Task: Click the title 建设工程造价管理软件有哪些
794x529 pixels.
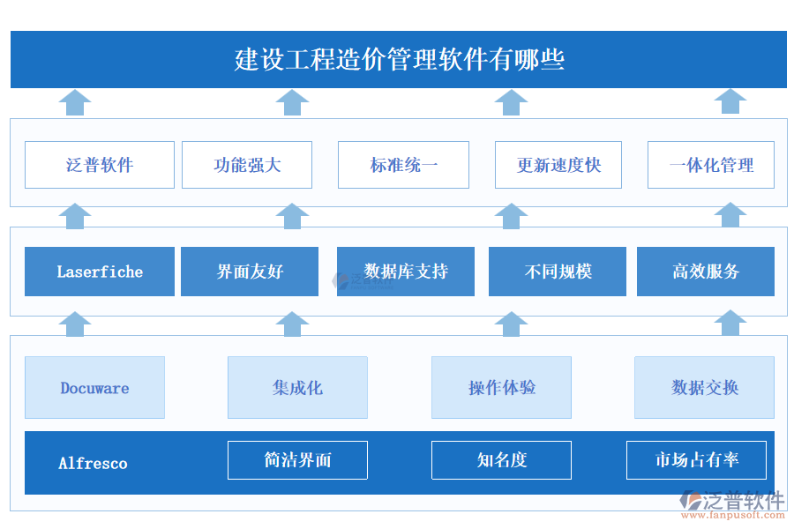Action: pos(399,60)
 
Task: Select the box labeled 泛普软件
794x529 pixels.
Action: pos(100,165)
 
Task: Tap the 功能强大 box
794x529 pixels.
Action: pos(247,165)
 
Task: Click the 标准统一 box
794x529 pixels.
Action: pos(403,165)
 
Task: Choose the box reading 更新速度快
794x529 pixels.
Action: pos(558,165)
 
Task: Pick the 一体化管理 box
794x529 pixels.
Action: pos(711,165)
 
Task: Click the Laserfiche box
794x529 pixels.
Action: pos(100,272)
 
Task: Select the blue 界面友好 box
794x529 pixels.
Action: pos(250,272)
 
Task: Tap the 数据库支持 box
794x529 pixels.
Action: pos(406,272)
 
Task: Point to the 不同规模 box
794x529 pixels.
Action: pos(558,272)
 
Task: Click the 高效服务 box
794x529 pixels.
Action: pos(706,272)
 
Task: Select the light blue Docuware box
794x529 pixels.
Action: pos(94,387)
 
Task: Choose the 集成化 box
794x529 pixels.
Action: pos(297,387)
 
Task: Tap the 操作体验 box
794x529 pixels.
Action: pos(501,387)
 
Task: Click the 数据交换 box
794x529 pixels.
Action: pos(704,387)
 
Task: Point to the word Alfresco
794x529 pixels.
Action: pos(93,463)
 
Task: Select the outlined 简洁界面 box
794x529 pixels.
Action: pos(297,460)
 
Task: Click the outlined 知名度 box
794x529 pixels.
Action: pos(501,460)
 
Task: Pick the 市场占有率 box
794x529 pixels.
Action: pos(696,460)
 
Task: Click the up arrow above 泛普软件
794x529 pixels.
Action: pos(75,102)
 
